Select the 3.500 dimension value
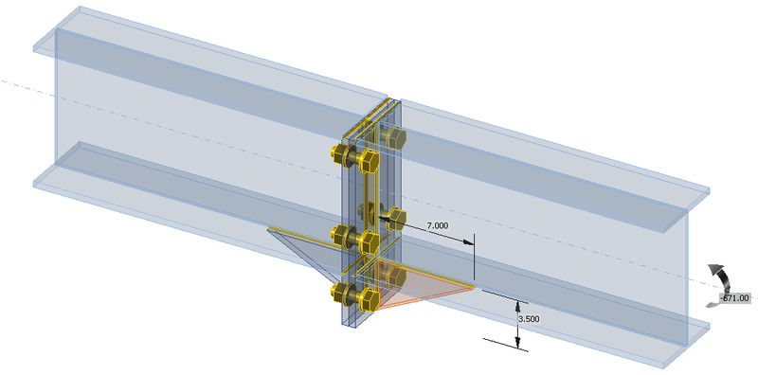(529, 319)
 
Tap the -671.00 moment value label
(734, 298)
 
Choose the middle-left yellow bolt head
(339, 236)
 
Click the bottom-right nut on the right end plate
(393, 279)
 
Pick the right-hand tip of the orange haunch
(474, 286)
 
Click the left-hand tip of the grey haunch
(270, 228)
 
